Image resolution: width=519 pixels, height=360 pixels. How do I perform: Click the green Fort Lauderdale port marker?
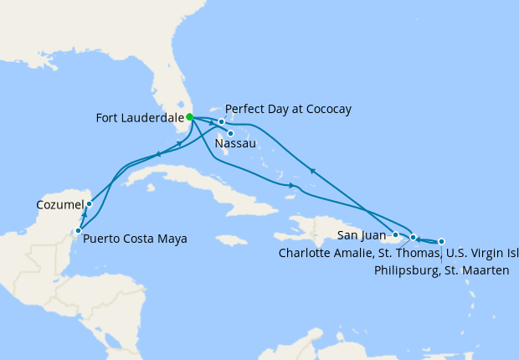(x=189, y=117)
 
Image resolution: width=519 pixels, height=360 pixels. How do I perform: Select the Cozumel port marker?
(x=89, y=203)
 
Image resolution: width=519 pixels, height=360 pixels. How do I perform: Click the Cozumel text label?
(x=60, y=204)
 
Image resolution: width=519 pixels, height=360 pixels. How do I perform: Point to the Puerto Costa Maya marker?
(x=78, y=230)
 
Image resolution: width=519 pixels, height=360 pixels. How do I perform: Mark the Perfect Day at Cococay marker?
(x=221, y=122)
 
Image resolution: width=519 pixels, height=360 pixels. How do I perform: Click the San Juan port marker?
(x=395, y=234)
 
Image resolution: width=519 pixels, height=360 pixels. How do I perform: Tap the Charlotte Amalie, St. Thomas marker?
(x=413, y=237)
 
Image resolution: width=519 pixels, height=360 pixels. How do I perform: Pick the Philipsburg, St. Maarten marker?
(x=441, y=241)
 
